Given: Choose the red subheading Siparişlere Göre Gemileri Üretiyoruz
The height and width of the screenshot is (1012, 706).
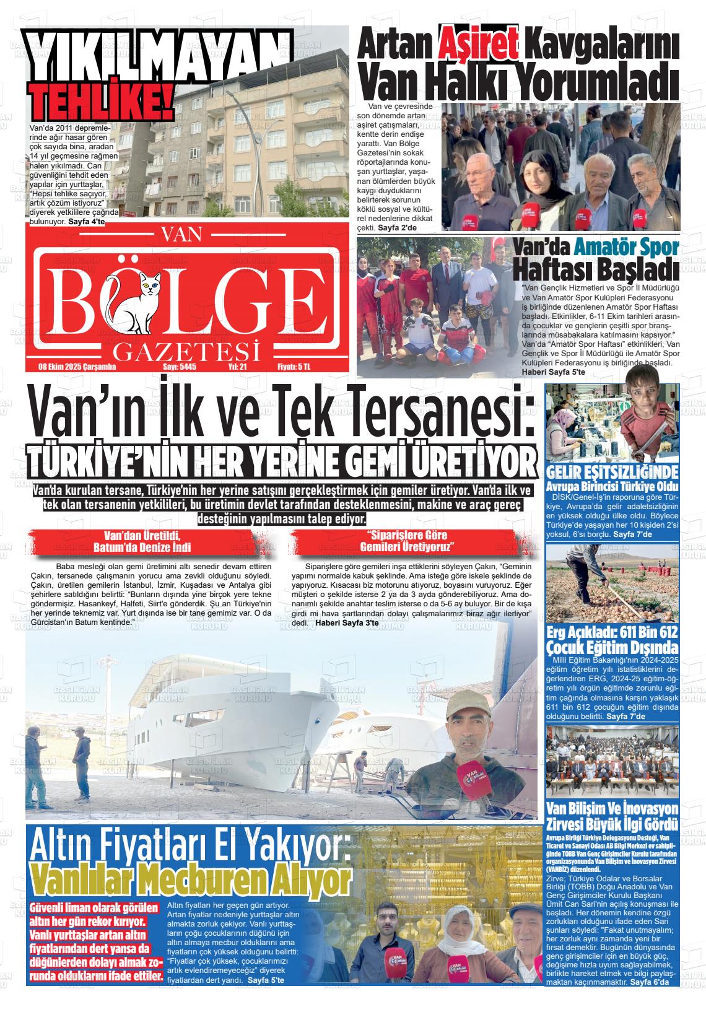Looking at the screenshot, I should click(x=407, y=541).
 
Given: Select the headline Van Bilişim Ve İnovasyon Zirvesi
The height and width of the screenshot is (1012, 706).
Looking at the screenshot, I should click(x=612, y=816).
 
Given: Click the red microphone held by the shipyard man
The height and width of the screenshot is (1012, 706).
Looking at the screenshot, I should click(x=468, y=777).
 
